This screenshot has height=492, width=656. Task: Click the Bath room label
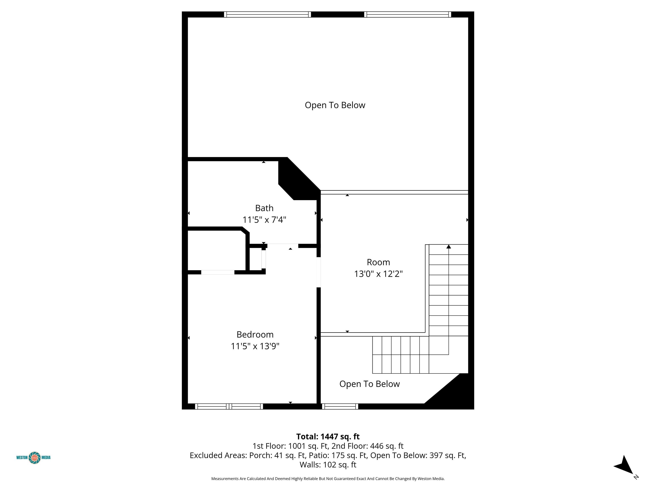click(264, 208)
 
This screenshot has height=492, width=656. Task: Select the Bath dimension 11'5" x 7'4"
click(264, 220)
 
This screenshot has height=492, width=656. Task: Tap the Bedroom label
click(255, 335)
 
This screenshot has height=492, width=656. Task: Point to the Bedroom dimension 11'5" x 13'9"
click(255, 346)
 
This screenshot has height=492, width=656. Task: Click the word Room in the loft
click(378, 262)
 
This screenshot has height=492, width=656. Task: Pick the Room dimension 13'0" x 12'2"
click(378, 274)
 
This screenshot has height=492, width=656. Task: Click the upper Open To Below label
click(335, 105)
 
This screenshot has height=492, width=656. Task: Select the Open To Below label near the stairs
click(369, 384)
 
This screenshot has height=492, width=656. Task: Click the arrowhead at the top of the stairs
click(449, 247)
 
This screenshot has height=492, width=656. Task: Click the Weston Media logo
click(34, 457)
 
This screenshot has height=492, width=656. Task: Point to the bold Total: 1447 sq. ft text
click(328, 436)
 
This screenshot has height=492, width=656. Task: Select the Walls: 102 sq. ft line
click(328, 465)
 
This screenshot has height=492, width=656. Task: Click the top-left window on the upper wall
click(268, 15)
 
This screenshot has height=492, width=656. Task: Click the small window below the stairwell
click(340, 407)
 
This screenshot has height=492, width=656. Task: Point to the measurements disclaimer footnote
click(328, 479)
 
